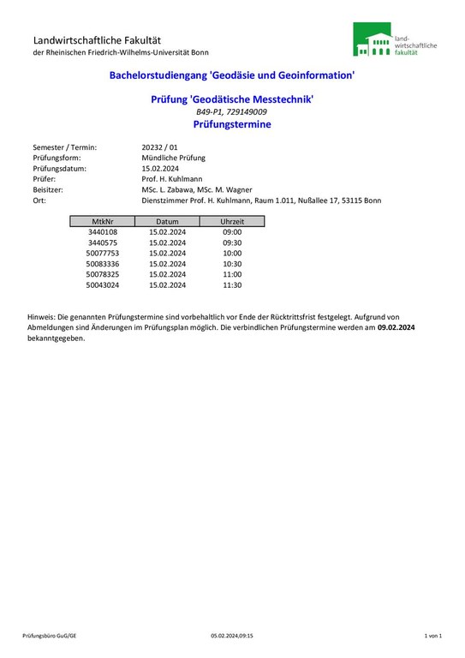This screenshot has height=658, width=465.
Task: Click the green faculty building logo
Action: [x=373, y=41]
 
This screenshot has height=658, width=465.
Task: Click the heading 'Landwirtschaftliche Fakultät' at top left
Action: [x=97, y=40]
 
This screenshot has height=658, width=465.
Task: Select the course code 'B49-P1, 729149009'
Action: [x=231, y=112]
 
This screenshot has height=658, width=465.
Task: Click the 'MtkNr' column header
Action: [x=103, y=221]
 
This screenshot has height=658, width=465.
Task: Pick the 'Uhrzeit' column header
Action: [x=232, y=221]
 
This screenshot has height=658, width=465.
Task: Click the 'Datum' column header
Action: [x=167, y=221]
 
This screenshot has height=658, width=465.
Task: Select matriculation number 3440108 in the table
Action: [x=103, y=232]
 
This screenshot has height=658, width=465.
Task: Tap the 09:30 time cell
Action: [x=232, y=242]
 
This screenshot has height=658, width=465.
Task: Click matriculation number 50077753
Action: [x=103, y=254]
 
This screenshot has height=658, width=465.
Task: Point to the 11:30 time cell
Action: [x=232, y=284]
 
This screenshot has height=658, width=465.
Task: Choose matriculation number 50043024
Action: [x=103, y=284]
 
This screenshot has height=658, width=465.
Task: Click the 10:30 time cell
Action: [x=232, y=264]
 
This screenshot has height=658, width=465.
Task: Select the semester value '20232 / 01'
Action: [x=159, y=147]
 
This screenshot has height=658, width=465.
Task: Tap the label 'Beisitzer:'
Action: [x=49, y=189]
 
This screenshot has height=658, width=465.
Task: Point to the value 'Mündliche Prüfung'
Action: [x=173, y=158]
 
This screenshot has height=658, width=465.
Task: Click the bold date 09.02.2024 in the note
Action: [x=396, y=327]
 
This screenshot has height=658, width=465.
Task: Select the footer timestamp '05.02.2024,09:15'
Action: [x=232, y=636]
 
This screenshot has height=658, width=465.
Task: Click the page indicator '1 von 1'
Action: [x=432, y=636]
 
